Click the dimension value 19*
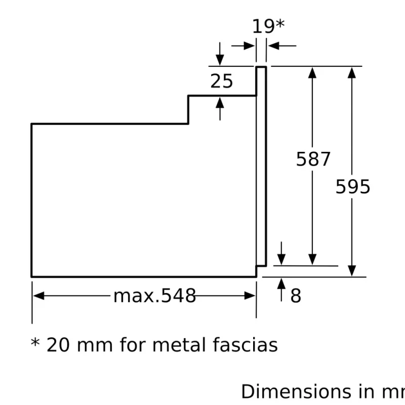point(268,26)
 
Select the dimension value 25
point(222,81)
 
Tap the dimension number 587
point(313,159)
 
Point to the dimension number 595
point(353,187)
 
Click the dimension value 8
point(296,296)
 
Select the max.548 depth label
point(154,296)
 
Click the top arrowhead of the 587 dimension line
point(312,72)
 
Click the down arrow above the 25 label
point(220,60)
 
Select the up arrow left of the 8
point(281,283)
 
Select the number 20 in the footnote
point(58,345)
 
